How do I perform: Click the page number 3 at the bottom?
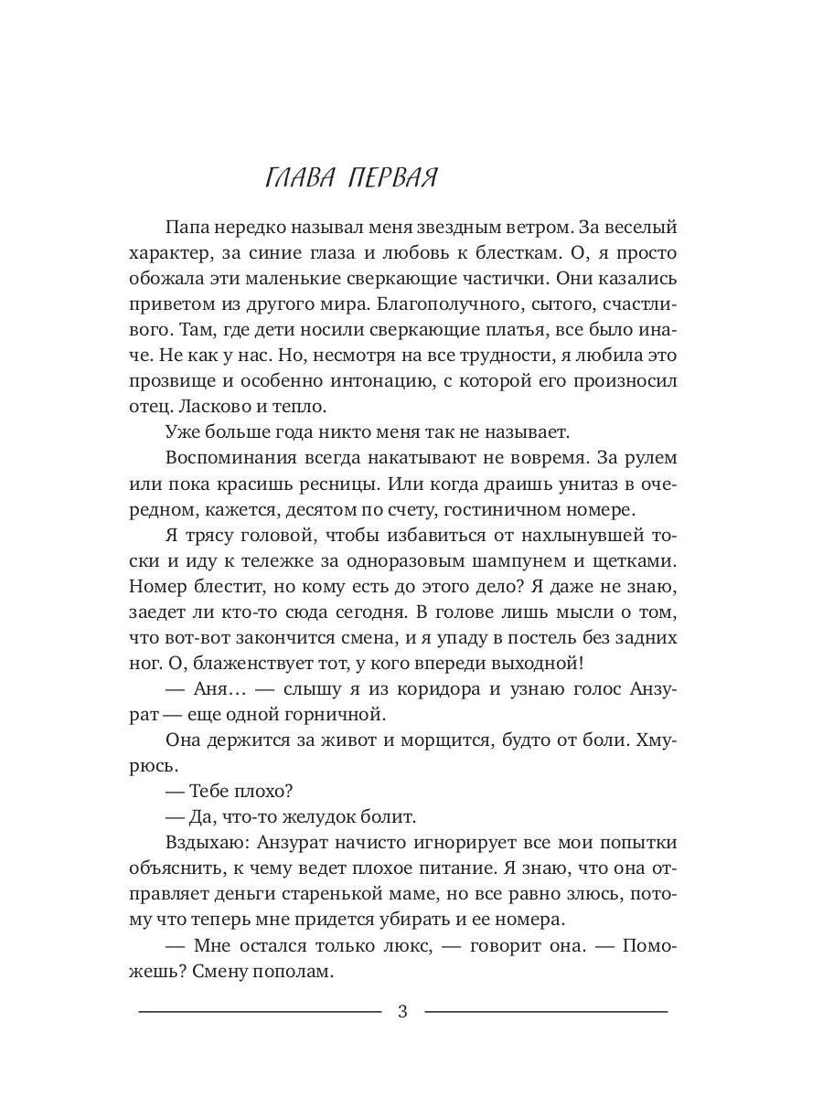tap(403, 1012)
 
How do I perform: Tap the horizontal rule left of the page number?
tap(259, 1011)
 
